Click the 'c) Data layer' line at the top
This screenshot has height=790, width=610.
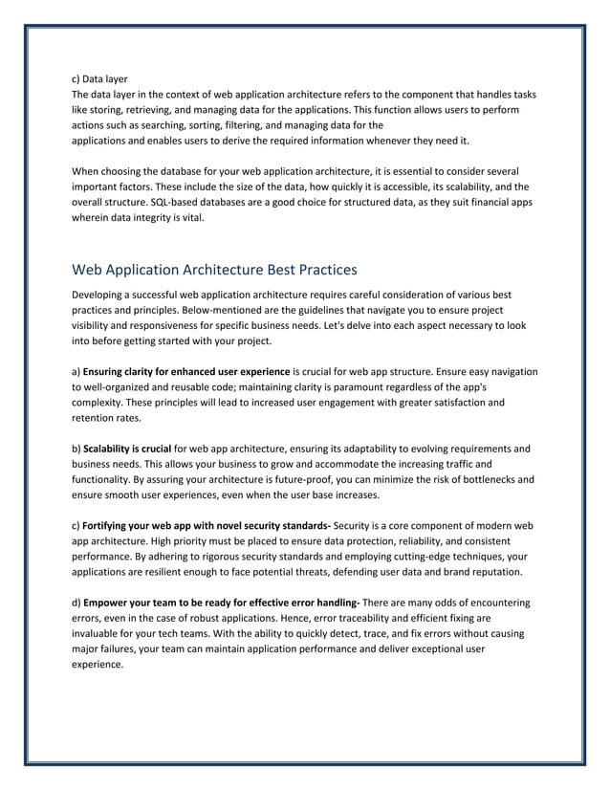(100, 78)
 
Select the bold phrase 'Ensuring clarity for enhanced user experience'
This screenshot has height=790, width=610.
(186, 371)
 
